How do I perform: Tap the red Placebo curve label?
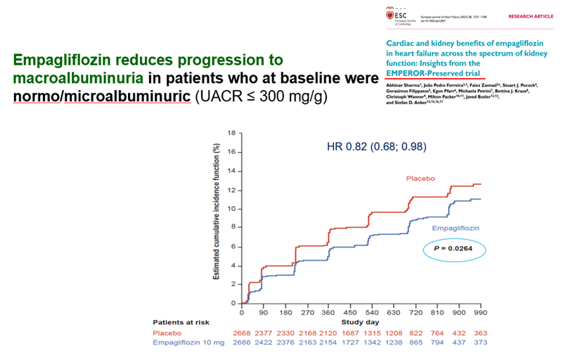click(421, 178)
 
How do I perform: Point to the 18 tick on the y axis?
click(230, 133)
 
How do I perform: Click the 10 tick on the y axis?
click(230, 210)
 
